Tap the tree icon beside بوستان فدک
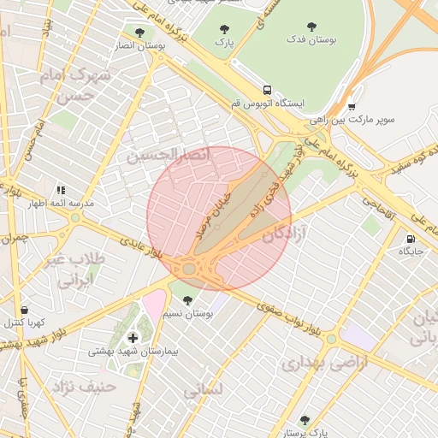pos(311,27)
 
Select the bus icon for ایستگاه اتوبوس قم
pos(268,90)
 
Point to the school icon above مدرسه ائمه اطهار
pos(61,190)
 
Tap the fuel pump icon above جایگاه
pos(411,239)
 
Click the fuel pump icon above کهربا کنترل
pos(23,310)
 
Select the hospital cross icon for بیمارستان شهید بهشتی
pos(132,338)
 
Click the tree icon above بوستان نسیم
pos(187,300)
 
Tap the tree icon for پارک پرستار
pos(305,420)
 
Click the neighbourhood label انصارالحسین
pos(169,155)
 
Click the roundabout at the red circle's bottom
pos(188,269)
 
